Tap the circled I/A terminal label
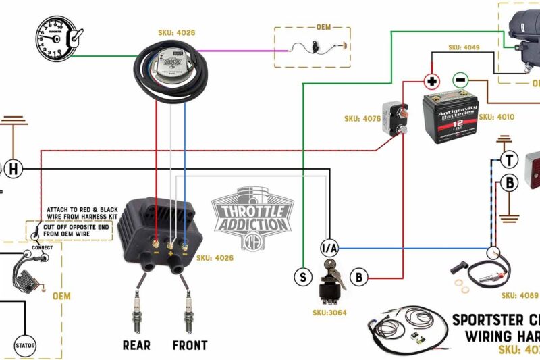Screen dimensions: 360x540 tap(329, 248)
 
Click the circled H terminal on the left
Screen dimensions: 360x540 tap(14, 168)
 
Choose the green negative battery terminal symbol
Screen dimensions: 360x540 tap(459, 80)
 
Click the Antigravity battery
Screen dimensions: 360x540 tap(450, 115)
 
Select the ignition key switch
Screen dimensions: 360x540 tap(331, 282)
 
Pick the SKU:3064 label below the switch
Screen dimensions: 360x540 tap(334, 313)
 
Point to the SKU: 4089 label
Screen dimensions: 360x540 tap(519, 295)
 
